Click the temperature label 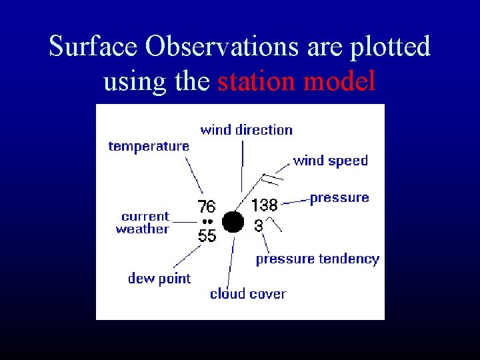click(149, 146)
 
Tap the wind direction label click(246, 130)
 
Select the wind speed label click(330, 161)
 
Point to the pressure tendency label click(317, 259)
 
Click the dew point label click(159, 279)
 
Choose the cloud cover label click(248, 294)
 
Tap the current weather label click(143, 223)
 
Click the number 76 click(206, 206)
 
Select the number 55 click(207, 235)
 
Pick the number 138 click(264, 205)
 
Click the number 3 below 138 click(259, 226)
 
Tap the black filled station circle click(233, 221)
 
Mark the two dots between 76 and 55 click(206, 221)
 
